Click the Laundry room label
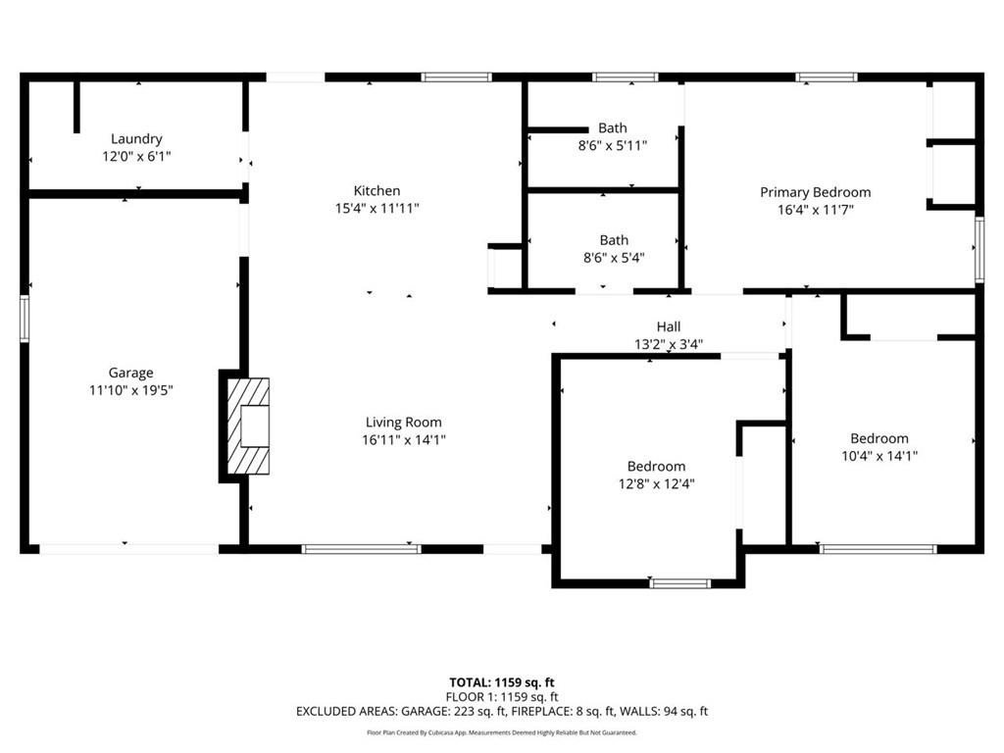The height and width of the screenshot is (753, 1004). (136, 139)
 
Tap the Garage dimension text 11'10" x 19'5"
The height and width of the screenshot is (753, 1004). (131, 390)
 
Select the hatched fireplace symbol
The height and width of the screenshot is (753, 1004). (248, 426)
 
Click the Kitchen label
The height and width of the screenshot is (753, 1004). (377, 191)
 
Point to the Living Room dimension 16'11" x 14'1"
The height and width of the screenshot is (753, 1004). (404, 440)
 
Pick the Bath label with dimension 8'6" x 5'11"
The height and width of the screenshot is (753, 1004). (613, 128)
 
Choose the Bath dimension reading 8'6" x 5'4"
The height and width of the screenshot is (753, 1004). (614, 258)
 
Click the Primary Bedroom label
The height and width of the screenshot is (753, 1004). (815, 192)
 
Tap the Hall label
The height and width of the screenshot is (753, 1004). (669, 326)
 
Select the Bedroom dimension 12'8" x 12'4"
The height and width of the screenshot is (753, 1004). (656, 484)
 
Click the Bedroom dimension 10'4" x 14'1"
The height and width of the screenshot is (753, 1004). (879, 456)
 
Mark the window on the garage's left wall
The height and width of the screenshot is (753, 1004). (25, 319)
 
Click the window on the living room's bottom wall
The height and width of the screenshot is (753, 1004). (361, 549)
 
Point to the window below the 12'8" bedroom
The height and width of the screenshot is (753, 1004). (680, 583)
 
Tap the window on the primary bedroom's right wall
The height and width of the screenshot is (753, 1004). (979, 250)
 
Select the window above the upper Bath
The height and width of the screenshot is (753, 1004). (625, 77)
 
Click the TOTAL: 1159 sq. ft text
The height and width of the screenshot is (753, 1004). (502, 682)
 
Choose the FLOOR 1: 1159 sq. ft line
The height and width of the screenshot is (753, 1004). (502, 697)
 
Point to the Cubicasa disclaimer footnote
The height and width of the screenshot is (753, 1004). (502, 732)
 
